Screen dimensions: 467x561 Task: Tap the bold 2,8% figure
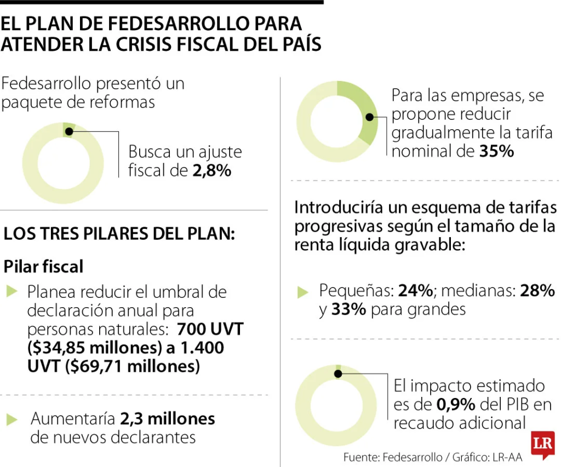[211, 170]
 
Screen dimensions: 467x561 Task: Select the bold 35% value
[496, 151]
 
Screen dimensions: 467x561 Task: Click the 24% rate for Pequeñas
[416, 290]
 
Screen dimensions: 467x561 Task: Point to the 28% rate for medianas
[537, 290]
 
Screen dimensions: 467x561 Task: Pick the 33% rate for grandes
[348, 310]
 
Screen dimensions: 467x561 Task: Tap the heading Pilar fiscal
[44, 267]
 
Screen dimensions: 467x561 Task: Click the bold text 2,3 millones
[167, 419]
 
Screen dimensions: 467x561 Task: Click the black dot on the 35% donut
[370, 117]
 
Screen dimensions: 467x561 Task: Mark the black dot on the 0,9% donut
[338, 373]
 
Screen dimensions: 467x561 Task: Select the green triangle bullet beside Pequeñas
[303, 292]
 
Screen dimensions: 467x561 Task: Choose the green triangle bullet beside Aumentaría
[12, 420]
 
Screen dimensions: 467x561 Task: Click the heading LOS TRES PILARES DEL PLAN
[119, 234]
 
